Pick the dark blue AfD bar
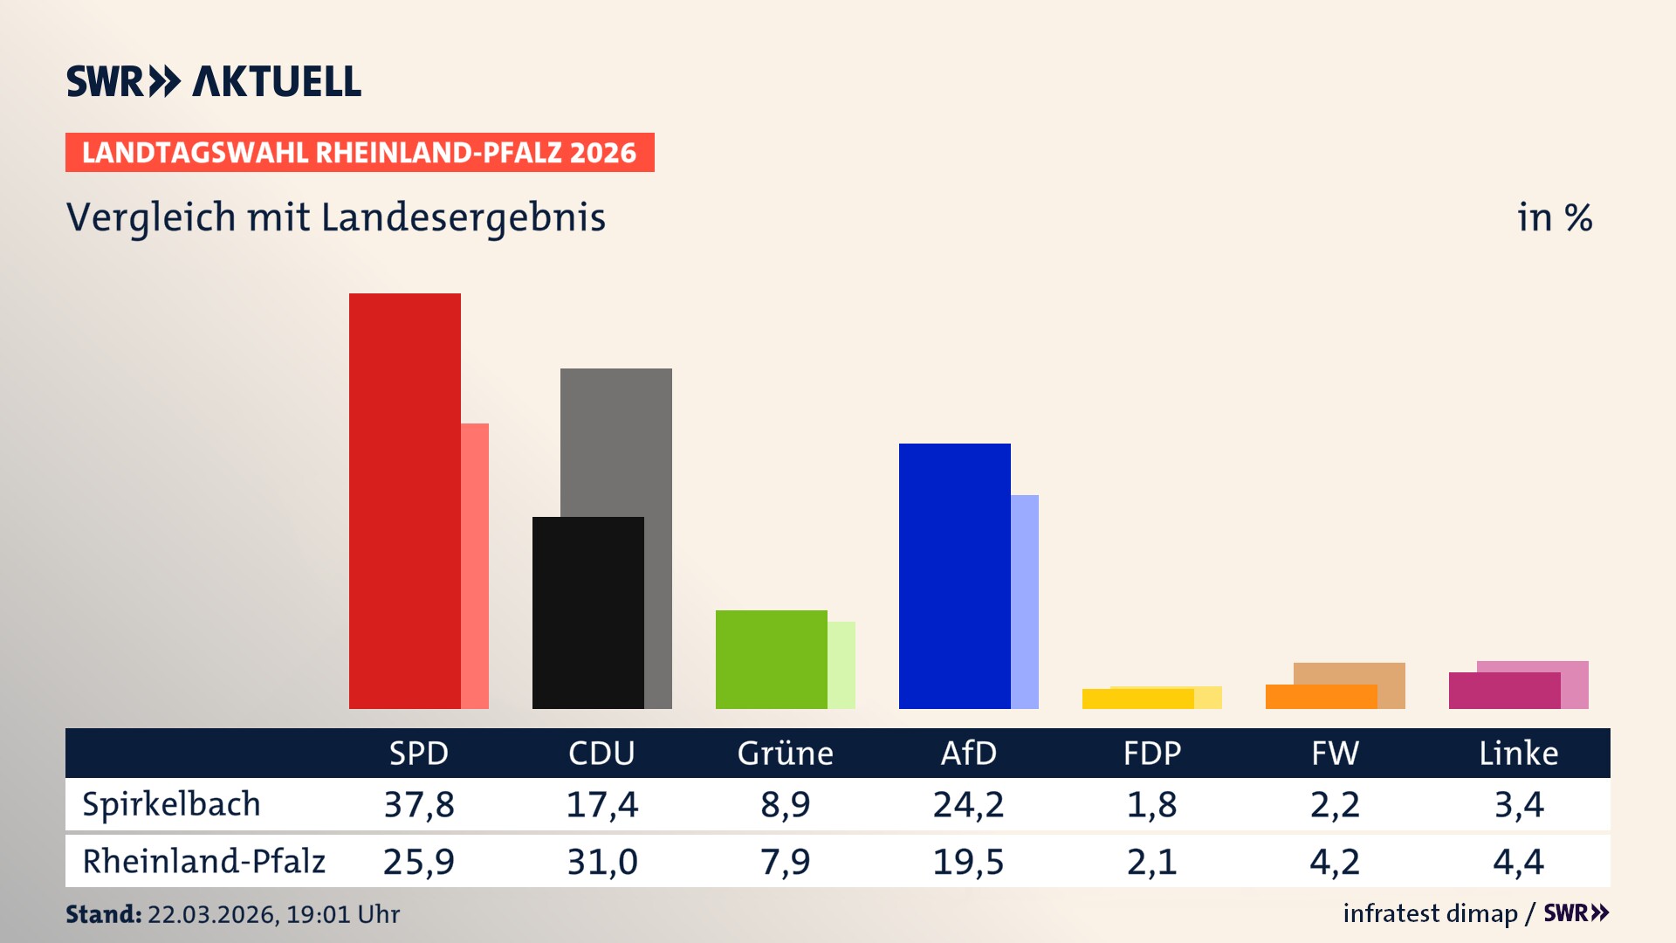tap(954, 575)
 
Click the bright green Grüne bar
tap(771, 659)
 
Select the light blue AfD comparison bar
tap(1025, 602)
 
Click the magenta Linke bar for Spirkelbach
tap(1504, 691)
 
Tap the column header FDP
tap(1151, 753)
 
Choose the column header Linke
tap(1518, 753)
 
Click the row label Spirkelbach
tap(171, 804)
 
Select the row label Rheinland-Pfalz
tap(203, 861)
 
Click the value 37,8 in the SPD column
tap(419, 804)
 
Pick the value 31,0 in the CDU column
tap(602, 862)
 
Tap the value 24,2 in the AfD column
tap(968, 804)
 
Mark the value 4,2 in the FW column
tap(1335, 862)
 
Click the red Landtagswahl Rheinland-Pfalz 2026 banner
tap(360, 153)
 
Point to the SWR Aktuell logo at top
tap(214, 81)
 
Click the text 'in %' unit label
tap(1554, 217)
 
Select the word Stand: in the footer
tap(103, 914)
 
